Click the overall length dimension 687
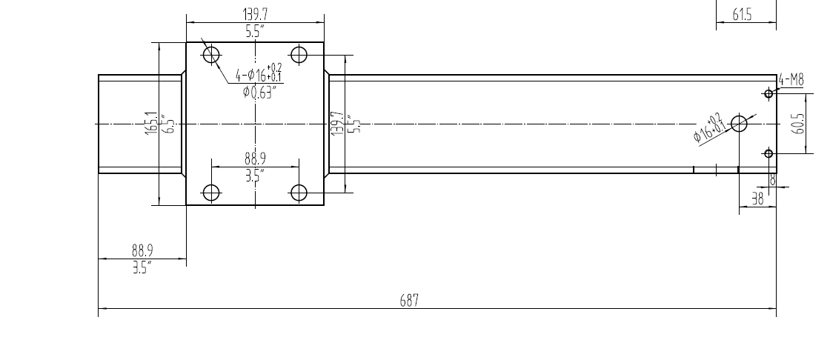point(410,300)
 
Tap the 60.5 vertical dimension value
point(797,124)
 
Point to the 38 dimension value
point(757,199)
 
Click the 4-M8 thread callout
point(791,80)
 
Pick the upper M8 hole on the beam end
point(768,93)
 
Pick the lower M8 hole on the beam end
point(768,153)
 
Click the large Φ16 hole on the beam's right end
point(739,124)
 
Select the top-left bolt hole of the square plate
point(212,54)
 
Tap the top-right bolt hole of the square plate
point(299,54)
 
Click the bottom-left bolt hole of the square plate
point(212,193)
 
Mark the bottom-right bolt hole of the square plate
point(299,193)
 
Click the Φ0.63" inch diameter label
point(259,93)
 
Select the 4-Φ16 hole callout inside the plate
point(259,75)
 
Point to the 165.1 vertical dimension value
point(150,123)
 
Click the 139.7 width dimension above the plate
point(256,13)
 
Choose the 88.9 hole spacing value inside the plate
point(256,159)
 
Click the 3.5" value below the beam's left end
point(141,267)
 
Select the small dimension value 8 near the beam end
point(772,180)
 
